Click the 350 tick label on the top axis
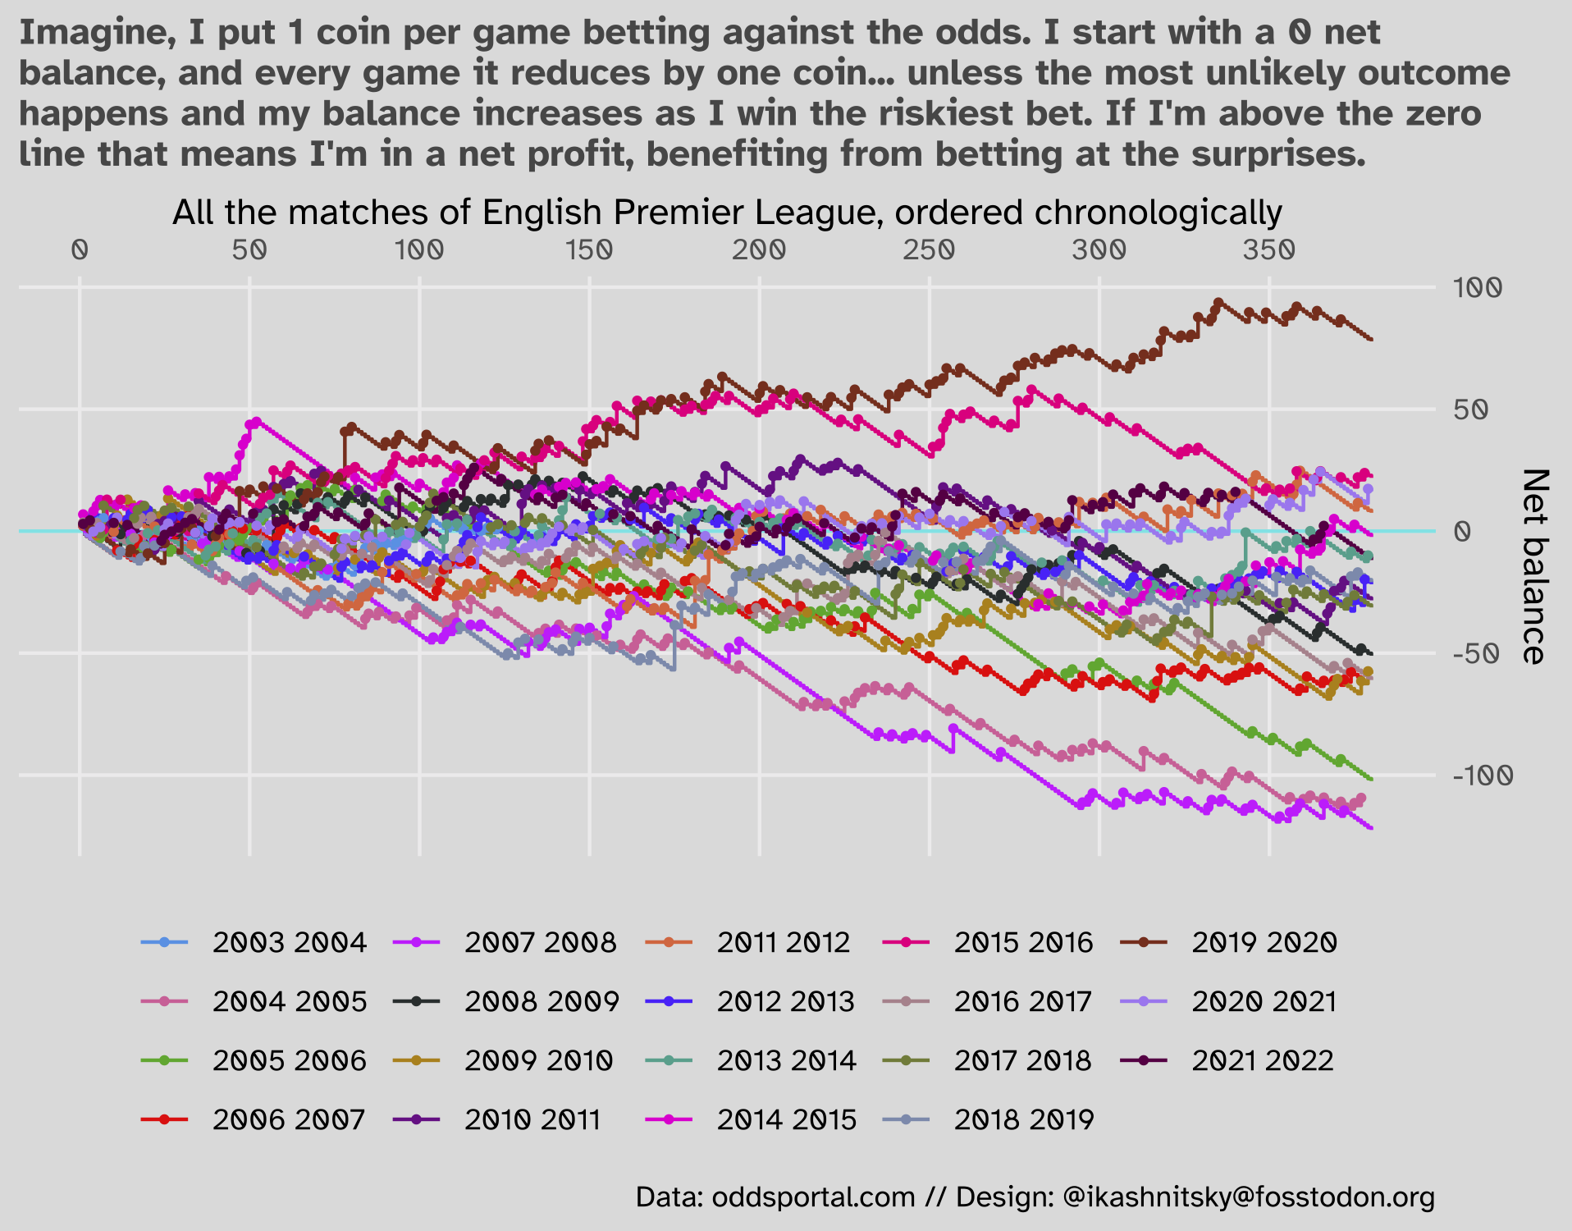[x=1268, y=249]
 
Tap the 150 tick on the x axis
[x=589, y=249]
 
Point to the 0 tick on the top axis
[x=80, y=249]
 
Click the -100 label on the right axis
[x=1482, y=775]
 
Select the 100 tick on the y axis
[x=1477, y=288]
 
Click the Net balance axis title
[x=1533, y=566]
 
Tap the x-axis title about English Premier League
[x=727, y=213]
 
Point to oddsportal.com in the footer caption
[x=813, y=1197]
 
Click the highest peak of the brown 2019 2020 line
[x=1218, y=302]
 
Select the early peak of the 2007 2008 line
[x=255, y=422]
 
